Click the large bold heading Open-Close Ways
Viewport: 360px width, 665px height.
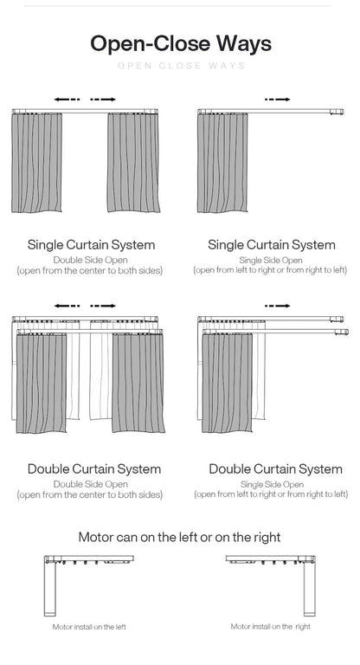[180, 43]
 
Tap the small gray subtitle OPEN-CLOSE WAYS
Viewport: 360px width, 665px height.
[180, 66]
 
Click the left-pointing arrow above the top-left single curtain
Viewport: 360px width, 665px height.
[67, 100]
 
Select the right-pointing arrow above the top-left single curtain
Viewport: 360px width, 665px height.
[103, 100]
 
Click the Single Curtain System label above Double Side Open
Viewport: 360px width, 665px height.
[92, 245]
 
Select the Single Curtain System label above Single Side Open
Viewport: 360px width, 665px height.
[271, 245]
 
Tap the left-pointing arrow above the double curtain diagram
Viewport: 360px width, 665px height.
[67, 306]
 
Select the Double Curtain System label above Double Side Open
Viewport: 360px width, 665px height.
[93, 469]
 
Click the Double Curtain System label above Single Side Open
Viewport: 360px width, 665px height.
[275, 469]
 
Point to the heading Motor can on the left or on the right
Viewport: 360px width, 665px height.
[179, 537]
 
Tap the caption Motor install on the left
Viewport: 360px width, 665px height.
[89, 627]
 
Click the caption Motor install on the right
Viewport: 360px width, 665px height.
[270, 626]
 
